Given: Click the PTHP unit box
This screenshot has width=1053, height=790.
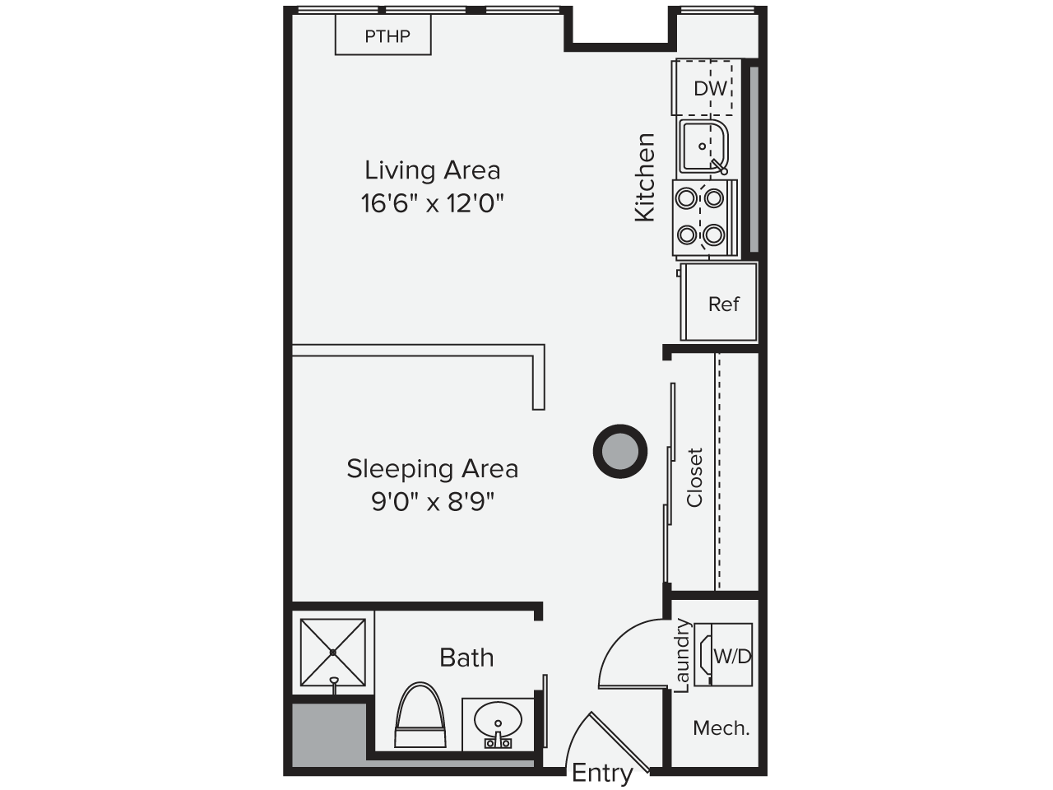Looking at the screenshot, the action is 383,35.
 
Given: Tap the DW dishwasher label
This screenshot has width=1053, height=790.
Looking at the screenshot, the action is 711,89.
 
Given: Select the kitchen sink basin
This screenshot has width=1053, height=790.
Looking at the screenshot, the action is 703,146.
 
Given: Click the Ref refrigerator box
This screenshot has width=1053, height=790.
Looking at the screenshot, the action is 719,302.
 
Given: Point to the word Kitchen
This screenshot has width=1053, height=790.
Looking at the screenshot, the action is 644,178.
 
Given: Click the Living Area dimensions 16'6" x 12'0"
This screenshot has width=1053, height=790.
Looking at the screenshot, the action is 432,203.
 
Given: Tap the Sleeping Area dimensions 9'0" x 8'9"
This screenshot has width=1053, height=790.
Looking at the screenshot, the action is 432,502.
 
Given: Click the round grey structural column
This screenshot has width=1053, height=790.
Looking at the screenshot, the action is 619,451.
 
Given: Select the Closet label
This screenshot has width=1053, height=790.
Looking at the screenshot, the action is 694,477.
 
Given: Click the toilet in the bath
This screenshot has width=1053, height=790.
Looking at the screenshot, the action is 420,715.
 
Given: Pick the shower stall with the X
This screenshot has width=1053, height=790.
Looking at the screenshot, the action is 333,653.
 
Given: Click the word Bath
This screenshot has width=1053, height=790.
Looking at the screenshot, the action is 466,658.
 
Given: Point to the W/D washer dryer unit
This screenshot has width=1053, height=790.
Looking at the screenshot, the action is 723,655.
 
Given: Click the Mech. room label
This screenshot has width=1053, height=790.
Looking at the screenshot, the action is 721,728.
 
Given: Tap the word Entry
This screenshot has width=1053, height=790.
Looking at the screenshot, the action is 602,773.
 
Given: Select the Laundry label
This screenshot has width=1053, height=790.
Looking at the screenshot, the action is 682,655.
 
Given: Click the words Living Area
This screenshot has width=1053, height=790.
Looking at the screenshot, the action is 432,170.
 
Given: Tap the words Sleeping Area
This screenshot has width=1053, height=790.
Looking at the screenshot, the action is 432,468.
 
